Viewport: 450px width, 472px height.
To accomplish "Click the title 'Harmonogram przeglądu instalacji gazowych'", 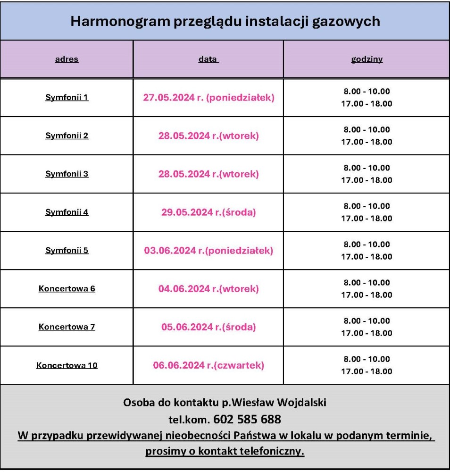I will [225, 21].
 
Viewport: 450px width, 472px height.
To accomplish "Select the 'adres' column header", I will [67, 59].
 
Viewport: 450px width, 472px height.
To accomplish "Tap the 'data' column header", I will [208, 59].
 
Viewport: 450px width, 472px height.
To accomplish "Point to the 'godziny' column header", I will [367, 59].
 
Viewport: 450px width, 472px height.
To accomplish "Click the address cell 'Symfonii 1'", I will [67, 98].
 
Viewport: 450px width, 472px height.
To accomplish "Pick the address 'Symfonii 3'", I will [67, 174].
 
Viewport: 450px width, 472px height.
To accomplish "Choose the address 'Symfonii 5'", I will [67, 251].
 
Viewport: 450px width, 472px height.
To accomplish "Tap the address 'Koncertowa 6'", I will [67, 289].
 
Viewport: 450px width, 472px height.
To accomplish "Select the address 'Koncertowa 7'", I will [67, 327].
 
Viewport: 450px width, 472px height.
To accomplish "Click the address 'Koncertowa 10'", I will [67, 365].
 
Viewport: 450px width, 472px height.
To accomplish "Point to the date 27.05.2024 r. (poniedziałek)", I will [208, 98].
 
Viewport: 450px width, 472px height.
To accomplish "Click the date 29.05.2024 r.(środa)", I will [208, 212].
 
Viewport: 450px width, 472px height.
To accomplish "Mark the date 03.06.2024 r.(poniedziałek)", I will [208, 251].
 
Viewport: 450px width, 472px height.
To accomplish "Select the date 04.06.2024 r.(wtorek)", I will [208, 289].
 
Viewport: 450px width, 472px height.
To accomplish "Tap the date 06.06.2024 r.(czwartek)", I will [208, 365].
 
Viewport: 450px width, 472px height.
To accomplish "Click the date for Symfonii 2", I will [208, 136].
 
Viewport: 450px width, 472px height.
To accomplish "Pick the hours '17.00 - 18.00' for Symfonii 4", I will [367, 219].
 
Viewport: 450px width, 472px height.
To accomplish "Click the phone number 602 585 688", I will [247, 419].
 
